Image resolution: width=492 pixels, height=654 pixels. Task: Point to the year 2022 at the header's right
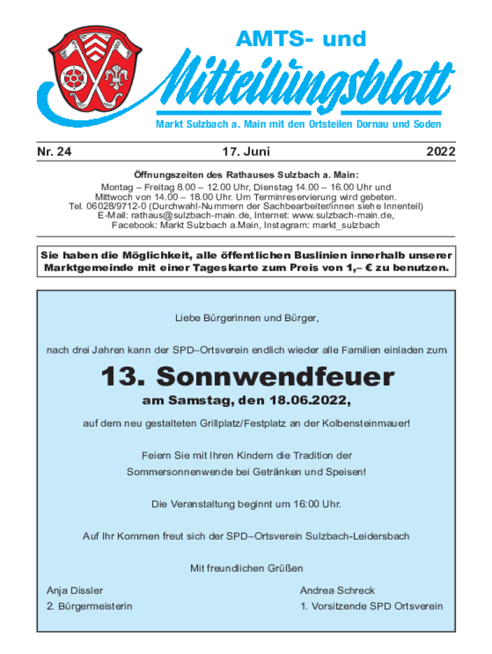point(441,152)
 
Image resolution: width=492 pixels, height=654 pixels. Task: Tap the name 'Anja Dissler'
point(75,591)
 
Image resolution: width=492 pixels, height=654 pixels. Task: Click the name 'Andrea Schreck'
point(337,591)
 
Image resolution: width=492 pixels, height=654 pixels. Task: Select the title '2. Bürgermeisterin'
point(89,606)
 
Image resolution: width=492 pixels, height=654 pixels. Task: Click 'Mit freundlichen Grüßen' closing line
point(246,568)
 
